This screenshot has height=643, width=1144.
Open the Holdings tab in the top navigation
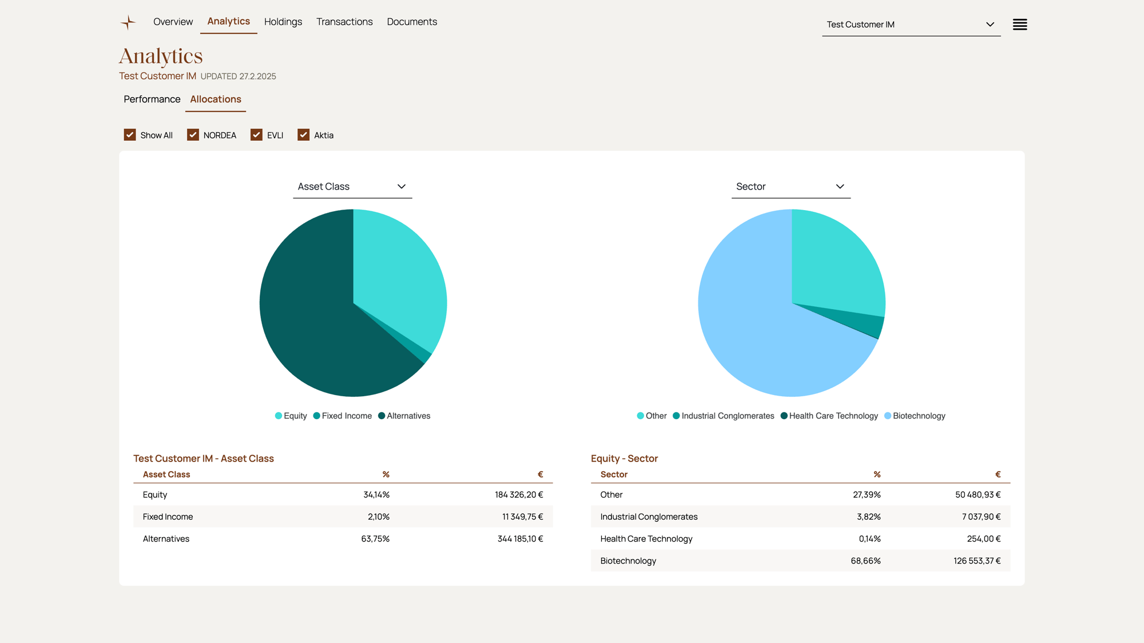click(x=283, y=22)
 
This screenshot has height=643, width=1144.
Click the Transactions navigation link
click(x=344, y=22)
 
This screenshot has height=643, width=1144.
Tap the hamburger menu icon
click(x=1019, y=25)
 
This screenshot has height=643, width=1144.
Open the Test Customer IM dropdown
click(x=911, y=25)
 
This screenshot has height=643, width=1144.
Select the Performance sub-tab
click(x=152, y=99)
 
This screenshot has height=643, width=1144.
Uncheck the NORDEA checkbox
click(x=193, y=135)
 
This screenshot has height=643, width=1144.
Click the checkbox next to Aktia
click(x=303, y=135)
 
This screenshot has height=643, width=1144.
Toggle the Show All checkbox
click(x=130, y=135)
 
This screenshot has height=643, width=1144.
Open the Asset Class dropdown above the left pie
click(x=352, y=187)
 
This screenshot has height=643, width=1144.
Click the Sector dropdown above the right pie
click(x=791, y=187)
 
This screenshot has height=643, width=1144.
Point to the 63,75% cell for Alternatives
click(x=375, y=539)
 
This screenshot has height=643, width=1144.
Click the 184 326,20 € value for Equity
click(x=518, y=495)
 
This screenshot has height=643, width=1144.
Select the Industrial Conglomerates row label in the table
click(x=649, y=516)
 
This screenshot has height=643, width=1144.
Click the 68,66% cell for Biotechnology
click(x=865, y=561)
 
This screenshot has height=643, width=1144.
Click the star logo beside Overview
click(x=128, y=22)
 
